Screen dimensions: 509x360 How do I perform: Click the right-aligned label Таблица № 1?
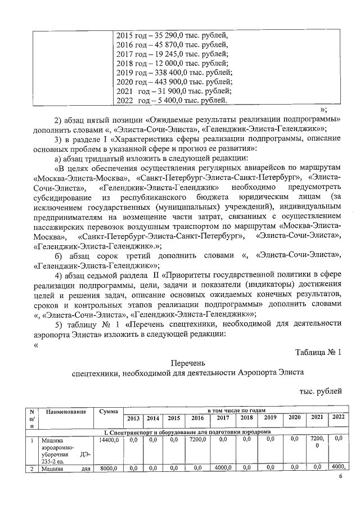[318, 352]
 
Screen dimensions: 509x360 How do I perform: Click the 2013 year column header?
[133, 418]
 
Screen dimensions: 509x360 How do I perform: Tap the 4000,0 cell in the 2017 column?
[222, 467]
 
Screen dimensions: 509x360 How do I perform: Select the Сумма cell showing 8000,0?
[109, 467]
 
